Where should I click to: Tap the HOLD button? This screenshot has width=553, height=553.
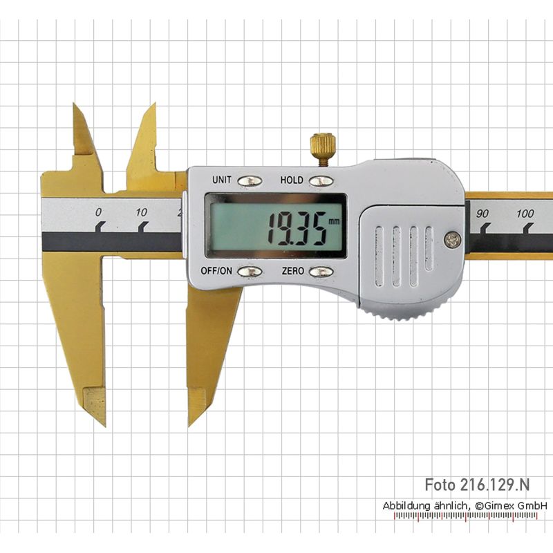point(321,181)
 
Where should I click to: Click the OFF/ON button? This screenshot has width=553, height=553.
point(250,272)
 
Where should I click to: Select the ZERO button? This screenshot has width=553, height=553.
point(321,272)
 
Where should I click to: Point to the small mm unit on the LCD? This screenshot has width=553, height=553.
point(334,221)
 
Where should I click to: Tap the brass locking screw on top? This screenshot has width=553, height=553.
point(323,149)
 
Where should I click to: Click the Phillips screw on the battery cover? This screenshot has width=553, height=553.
point(452,240)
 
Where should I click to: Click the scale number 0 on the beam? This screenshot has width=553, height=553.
point(98,212)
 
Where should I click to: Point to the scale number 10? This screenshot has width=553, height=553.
point(141,212)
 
